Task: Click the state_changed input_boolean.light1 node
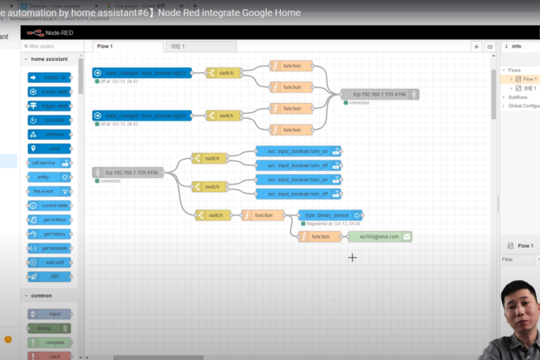click(x=143, y=73)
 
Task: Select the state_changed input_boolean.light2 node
click(x=143, y=115)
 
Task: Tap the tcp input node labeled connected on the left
click(x=130, y=172)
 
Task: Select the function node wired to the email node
click(x=317, y=236)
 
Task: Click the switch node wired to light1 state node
click(x=223, y=73)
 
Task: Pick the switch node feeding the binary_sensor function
click(x=213, y=215)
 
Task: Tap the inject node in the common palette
click(x=49, y=314)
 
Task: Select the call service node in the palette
click(x=49, y=162)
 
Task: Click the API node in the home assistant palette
click(x=49, y=276)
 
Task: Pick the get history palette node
click(x=49, y=234)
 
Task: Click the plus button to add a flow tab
click(x=476, y=47)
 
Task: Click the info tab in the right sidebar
click(x=515, y=47)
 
